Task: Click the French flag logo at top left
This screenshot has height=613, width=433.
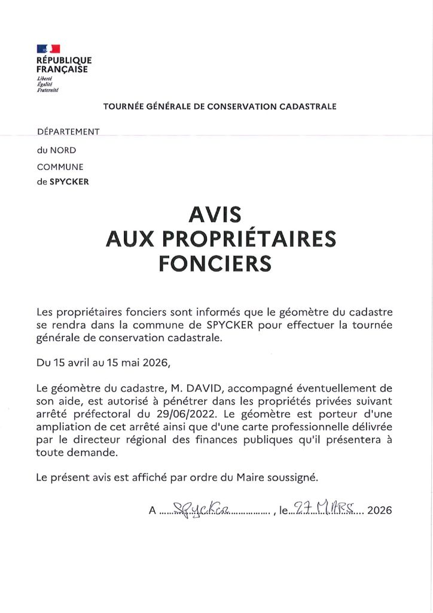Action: [x=48, y=49]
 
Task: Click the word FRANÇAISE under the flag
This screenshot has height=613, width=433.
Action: [x=62, y=69]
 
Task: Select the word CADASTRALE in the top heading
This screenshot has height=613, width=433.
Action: [x=308, y=107]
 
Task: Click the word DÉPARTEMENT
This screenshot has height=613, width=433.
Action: [x=68, y=131]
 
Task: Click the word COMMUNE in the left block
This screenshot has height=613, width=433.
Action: [x=60, y=167]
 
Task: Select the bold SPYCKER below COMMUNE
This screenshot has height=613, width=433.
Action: [x=69, y=182]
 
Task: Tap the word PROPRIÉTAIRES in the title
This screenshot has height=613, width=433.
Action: [x=252, y=239]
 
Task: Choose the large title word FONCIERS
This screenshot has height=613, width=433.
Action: [x=215, y=263]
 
